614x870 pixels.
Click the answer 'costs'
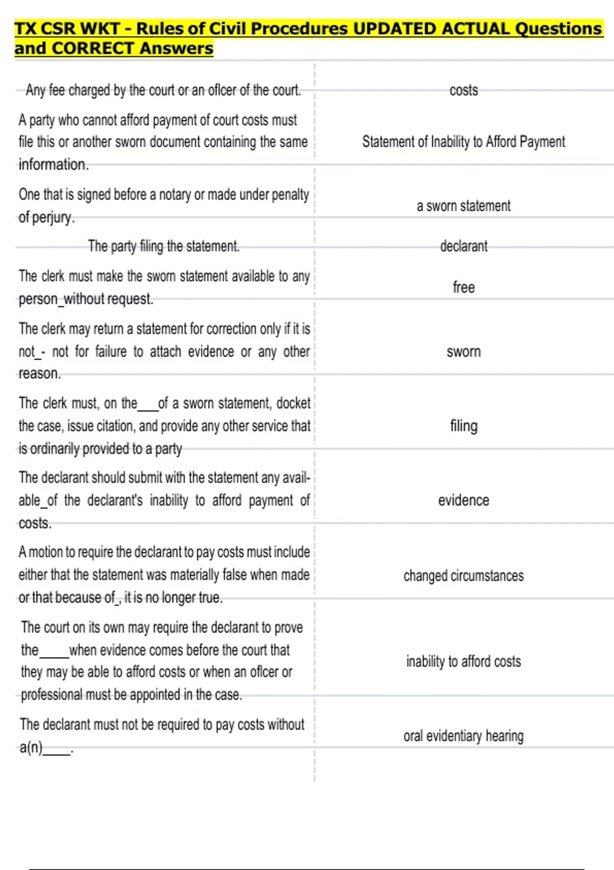point(464,91)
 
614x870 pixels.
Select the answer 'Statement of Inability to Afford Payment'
point(464,142)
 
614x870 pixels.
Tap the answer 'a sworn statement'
point(464,206)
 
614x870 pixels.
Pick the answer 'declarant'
point(464,246)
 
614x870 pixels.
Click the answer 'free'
point(464,287)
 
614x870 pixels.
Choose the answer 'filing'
point(464,426)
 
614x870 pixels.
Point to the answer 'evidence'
point(464,500)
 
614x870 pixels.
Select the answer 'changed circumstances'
point(464,576)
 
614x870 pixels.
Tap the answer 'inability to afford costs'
point(464,661)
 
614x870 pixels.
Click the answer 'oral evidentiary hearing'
point(464,736)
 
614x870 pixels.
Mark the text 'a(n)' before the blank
point(31,748)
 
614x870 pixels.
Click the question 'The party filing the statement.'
point(164,246)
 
